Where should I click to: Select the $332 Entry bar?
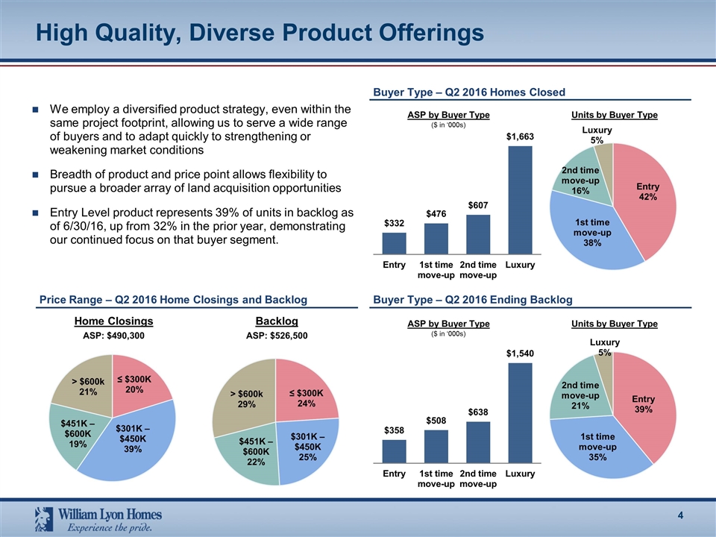[x=394, y=243]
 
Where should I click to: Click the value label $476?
[x=436, y=214]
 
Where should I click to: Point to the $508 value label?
[x=436, y=421]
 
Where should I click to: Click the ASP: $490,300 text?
[x=113, y=336]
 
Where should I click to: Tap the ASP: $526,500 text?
[x=276, y=336]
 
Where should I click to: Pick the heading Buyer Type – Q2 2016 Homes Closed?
[x=468, y=92]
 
